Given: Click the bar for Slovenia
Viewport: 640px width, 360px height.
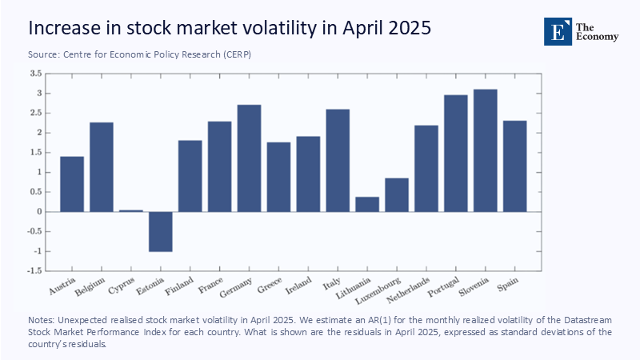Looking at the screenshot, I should click(x=485, y=150).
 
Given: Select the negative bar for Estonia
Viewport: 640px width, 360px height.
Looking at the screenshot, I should click(x=160, y=231).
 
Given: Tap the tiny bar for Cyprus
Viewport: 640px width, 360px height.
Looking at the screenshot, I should click(x=130, y=210).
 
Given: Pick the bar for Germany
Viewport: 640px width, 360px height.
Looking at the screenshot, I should click(x=249, y=158).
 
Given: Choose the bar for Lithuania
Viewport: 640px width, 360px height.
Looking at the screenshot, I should click(x=367, y=204).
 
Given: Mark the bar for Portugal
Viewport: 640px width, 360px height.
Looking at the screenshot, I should click(x=455, y=154).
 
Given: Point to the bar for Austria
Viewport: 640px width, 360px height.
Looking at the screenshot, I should click(x=72, y=184).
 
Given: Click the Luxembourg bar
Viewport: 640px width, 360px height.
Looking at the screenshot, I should click(x=396, y=194).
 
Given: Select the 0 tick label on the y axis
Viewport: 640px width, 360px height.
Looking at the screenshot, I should click(x=38, y=212).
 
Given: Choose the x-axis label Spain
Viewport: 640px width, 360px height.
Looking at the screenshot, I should click(x=509, y=282).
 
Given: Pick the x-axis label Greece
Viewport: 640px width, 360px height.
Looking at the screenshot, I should click(x=270, y=285).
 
